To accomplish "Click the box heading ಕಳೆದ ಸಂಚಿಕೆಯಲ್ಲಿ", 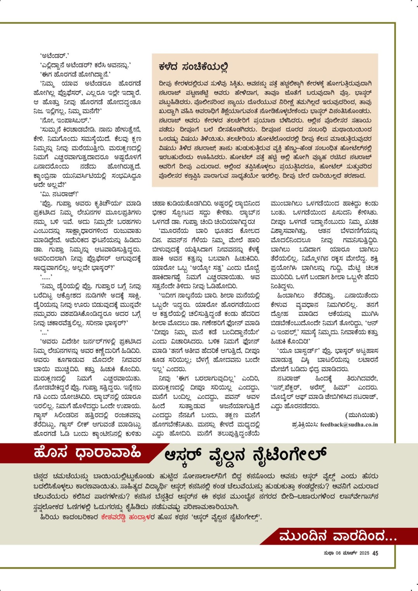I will coord(193,67).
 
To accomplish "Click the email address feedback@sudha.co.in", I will coord(349,425).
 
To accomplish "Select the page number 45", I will coord(375,553).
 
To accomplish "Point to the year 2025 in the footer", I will coord(364,553).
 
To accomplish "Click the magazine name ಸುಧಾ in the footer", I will coord(329,553).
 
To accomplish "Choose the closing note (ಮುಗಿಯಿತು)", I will coord(361,415).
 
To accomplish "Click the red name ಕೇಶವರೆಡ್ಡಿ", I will coord(114,517).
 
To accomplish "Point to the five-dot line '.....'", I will coord(46,277).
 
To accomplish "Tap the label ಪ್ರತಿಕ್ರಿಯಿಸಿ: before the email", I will coord(305,425).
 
